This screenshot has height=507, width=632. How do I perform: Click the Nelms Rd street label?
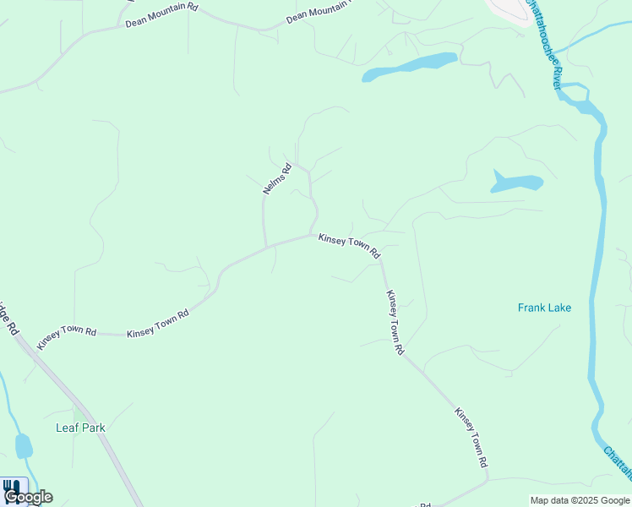[276, 179]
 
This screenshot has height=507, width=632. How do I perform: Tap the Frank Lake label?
[544, 308]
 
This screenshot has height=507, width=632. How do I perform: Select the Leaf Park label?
[80, 428]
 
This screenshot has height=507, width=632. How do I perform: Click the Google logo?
[28, 497]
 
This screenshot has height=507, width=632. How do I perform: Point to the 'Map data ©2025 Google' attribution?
[580, 500]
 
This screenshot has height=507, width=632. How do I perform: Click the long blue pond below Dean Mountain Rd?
[410, 68]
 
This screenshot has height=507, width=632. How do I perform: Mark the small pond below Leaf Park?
[24, 445]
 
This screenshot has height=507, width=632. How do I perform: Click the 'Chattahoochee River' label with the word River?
[545, 46]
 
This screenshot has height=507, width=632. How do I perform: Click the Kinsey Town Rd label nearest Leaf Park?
[67, 335]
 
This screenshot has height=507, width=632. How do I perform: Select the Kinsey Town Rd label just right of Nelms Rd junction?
[349, 246]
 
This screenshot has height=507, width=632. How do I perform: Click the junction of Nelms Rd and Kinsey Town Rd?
[267, 247]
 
